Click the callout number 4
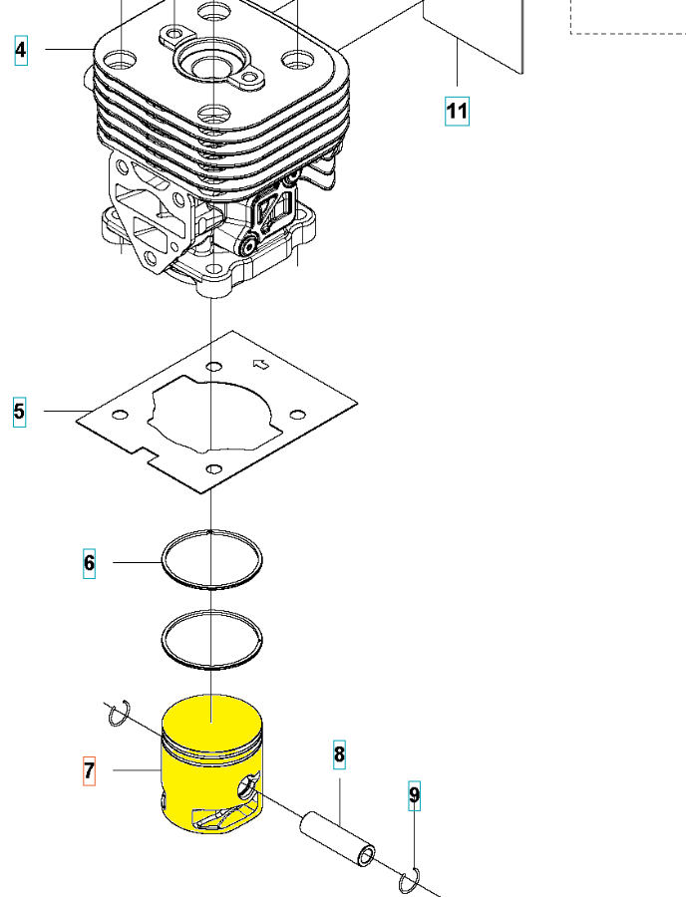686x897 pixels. click(21, 49)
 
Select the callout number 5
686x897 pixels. click(19, 410)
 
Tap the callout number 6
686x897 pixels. click(89, 563)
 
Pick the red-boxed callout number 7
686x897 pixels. click(89, 770)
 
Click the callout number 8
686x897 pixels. click(339, 754)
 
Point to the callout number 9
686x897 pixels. click(414, 794)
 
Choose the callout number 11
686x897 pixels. click(457, 110)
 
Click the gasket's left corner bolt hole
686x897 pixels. click(121, 414)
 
